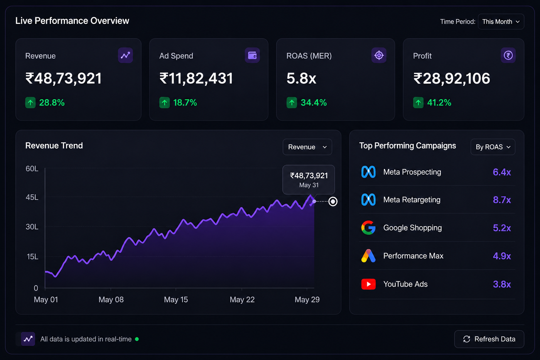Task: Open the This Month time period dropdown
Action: tap(501, 22)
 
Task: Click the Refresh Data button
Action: tap(489, 339)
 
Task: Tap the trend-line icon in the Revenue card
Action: tap(125, 55)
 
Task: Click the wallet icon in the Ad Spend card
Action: tap(252, 55)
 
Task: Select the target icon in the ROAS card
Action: tap(379, 55)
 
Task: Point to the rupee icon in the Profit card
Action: tap(508, 55)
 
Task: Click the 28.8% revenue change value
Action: tap(52, 103)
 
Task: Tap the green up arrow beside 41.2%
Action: tap(418, 103)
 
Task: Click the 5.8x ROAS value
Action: tap(301, 78)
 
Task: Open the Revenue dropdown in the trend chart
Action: tap(307, 147)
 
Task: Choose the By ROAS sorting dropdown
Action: tap(493, 147)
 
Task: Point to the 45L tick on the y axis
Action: tap(32, 197)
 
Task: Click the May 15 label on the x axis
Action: tap(176, 299)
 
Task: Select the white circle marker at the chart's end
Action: tap(333, 201)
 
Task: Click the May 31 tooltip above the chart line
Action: tap(309, 180)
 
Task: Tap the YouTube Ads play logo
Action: tap(368, 284)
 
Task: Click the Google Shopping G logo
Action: tap(368, 228)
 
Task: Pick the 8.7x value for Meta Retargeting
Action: tap(502, 200)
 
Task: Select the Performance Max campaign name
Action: tap(413, 255)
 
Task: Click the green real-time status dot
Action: tap(137, 339)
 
